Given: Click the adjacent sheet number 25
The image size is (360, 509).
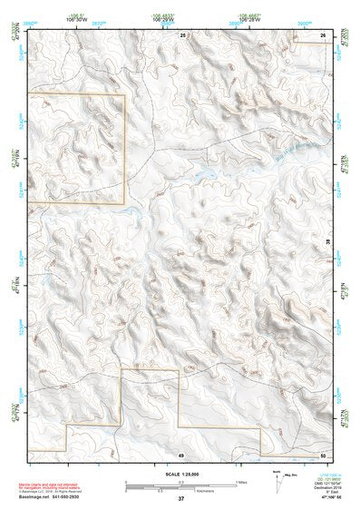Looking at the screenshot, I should click(181, 34).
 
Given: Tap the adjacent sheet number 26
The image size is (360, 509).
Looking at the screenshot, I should click(323, 34).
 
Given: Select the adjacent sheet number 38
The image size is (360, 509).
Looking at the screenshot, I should click(328, 241).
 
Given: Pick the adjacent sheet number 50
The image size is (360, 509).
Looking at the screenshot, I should click(323, 454).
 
